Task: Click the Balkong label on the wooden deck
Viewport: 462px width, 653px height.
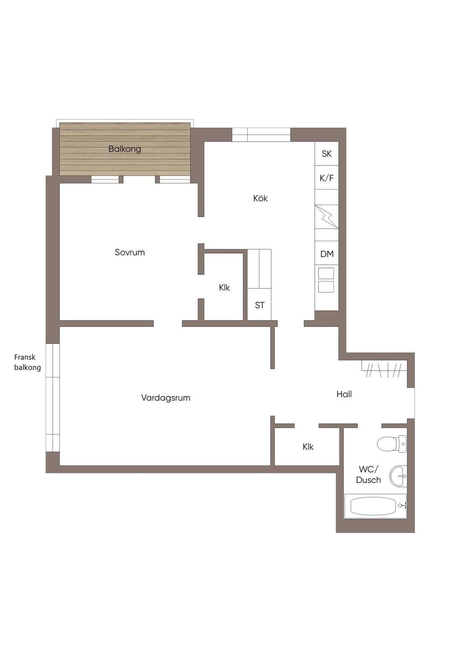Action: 125,149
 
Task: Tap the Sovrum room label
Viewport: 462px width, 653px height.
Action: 129,252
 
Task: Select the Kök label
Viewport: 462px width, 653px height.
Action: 260,198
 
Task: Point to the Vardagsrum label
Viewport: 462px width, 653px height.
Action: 166,398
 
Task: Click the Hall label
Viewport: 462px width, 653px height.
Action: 344,394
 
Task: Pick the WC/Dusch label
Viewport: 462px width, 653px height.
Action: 368,474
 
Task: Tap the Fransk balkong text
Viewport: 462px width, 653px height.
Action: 28,362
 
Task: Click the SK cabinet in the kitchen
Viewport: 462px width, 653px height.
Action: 327,154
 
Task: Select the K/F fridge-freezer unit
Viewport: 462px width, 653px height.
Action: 327,178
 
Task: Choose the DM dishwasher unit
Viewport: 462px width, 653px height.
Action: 327,253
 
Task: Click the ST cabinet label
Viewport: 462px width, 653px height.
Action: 259,305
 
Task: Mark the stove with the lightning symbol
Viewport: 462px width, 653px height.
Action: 327,217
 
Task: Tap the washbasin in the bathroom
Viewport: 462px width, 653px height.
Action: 398,476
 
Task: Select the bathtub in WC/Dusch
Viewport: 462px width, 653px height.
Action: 375,506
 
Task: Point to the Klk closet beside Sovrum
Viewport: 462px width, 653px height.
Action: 224,287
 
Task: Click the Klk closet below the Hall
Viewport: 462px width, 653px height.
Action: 308,446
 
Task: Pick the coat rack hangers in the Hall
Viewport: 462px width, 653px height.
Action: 383,370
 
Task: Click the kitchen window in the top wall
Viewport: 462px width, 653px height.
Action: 261,135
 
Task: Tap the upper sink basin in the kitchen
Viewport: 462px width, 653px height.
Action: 326,274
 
